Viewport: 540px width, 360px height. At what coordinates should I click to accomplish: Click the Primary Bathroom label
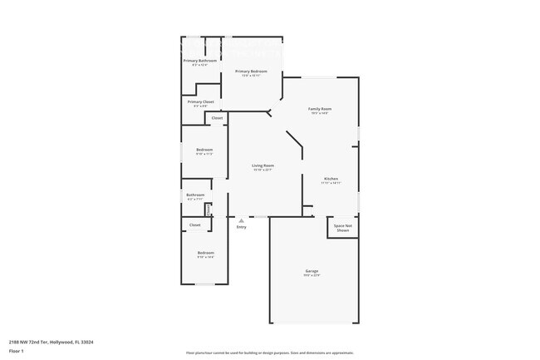pos(200,61)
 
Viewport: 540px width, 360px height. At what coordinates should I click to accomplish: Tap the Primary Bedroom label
pos(250,72)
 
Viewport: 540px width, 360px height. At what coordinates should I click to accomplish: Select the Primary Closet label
pos(200,102)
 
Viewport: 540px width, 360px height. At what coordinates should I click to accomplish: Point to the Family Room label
pos(320,110)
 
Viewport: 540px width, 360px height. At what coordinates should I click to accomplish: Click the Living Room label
pos(263,166)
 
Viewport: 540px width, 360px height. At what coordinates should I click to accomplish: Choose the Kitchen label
pos(331,180)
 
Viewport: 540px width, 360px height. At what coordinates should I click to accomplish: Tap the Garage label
pos(312,272)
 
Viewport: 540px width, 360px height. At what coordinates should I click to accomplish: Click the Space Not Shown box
pos(343,227)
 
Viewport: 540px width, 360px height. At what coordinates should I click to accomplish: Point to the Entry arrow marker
pos(241,220)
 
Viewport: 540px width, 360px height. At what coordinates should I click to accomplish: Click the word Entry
pos(241,227)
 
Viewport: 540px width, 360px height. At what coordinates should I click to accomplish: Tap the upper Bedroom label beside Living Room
pos(204,150)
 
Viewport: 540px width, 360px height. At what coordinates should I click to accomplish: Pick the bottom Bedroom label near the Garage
pos(205,254)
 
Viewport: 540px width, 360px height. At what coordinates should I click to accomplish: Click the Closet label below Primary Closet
pos(217,118)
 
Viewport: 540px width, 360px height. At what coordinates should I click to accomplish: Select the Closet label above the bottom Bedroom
pos(195,224)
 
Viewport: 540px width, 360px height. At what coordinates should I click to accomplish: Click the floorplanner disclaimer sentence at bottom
pos(269,353)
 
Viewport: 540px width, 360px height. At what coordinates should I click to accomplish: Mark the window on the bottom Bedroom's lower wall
pos(205,284)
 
